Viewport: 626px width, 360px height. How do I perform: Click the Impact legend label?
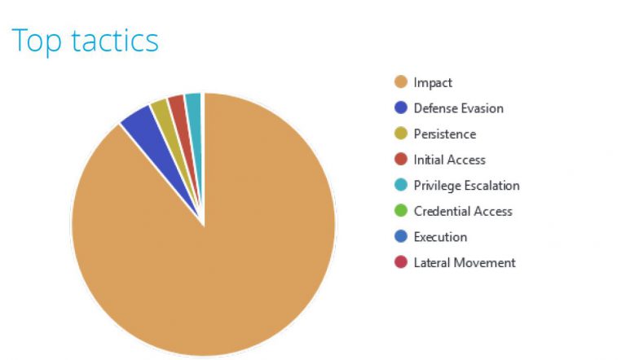click(x=433, y=82)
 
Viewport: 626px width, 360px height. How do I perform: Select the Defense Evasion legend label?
click(x=458, y=108)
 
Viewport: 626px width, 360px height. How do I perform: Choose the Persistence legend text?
click(x=444, y=134)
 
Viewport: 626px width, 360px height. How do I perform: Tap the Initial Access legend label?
click(x=449, y=160)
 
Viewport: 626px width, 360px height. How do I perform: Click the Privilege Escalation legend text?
click(x=466, y=185)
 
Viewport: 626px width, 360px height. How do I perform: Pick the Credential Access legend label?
click(x=463, y=211)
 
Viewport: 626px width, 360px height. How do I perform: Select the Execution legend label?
click(x=440, y=237)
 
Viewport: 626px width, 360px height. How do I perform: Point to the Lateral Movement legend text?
click(x=465, y=262)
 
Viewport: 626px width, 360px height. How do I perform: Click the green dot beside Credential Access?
click(x=400, y=211)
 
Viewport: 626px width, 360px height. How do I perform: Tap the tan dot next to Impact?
click(x=400, y=82)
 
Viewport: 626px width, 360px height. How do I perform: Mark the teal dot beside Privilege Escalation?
click(x=400, y=185)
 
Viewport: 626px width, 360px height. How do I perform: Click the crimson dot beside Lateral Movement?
click(x=400, y=262)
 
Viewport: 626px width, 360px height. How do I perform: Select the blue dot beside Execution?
click(x=400, y=237)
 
